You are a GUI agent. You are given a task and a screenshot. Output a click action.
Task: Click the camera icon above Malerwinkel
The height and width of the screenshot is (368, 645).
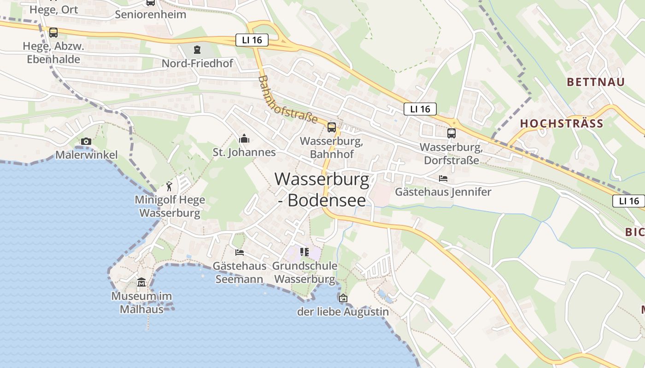click(86, 141)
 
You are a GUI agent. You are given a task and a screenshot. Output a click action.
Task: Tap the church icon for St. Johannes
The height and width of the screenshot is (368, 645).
click(244, 138)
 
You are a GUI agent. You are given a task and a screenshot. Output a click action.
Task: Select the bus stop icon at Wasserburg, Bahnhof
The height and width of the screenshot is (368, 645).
click(332, 127)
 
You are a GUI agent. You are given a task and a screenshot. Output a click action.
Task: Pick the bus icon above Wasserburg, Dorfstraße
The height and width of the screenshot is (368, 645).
click(451, 133)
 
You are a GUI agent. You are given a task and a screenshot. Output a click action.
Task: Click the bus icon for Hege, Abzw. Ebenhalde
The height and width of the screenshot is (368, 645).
click(53, 33)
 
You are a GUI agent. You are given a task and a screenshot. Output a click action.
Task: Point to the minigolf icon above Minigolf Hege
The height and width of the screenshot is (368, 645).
click(169, 186)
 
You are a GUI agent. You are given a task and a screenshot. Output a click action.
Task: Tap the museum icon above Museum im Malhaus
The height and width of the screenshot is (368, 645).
click(141, 282)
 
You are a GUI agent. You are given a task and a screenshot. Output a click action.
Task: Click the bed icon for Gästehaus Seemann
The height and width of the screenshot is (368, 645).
click(240, 252)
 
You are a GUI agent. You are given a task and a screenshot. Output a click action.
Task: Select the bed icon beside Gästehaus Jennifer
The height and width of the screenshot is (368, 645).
click(443, 178)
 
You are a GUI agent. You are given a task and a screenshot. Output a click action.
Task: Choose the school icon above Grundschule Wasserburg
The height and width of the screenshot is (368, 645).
click(305, 252)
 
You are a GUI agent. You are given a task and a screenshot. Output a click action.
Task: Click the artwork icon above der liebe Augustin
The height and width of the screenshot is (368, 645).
click(343, 298)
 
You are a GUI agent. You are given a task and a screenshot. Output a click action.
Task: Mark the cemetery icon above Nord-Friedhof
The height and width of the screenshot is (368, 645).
click(197, 49)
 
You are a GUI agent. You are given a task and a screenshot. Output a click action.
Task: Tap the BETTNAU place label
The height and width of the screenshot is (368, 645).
click(596, 82)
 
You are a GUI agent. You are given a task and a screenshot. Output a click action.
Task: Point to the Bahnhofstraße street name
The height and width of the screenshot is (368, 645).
click(288, 100)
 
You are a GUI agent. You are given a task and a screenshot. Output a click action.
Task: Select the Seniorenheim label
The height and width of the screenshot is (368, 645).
click(151, 14)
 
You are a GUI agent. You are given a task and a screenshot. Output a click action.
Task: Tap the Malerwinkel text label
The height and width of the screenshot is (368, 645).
click(87, 155)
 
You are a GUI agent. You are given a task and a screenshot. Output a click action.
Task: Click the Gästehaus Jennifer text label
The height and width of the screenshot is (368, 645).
click(443, 192)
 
